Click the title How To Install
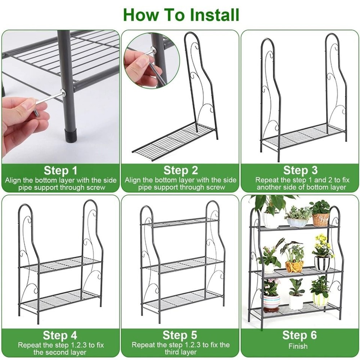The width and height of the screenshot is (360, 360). coord(181,15)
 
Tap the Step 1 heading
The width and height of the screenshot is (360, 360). coord(60,170)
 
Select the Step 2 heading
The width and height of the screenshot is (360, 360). coord(180,170)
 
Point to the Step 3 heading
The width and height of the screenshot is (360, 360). coord(300,170)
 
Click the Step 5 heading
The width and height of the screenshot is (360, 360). coord(180,335)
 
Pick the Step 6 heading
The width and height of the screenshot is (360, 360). coord(300,335)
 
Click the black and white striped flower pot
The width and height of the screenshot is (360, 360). coord(322,263)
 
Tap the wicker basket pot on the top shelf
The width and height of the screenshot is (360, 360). coord(321,220)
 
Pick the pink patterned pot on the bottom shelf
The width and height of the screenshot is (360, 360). coord(271,303)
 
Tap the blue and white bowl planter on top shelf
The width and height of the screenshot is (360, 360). coord(297,222)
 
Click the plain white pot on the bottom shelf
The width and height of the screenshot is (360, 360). coord(296,302)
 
